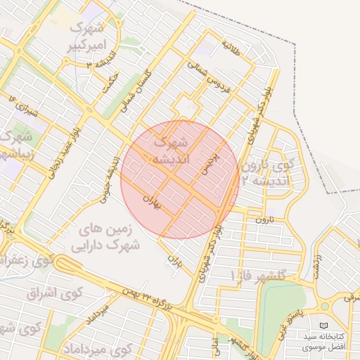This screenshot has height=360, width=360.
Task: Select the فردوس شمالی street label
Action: point(207,75)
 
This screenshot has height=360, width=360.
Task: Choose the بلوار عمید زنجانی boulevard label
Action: point(64,148)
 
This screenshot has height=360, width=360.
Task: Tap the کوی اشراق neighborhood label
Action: point(55,292)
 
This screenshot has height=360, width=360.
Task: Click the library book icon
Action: point(323,326)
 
